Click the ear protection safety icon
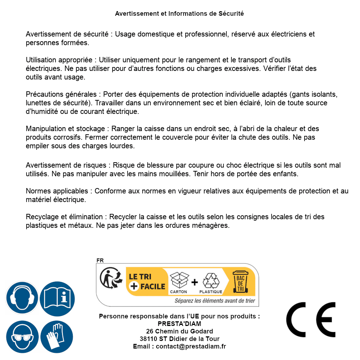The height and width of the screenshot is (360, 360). click(22, 298)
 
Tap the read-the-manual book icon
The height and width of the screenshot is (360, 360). click(57, 298)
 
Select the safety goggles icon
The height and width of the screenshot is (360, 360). click(22, 337)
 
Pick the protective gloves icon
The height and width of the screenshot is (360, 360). click(57, 337)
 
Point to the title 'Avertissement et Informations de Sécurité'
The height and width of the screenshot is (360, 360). click(179, 14)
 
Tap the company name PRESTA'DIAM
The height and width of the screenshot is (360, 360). click(179, 324)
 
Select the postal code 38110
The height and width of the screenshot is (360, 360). click(148, 339)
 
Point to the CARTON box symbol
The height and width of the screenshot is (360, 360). click(178, 280)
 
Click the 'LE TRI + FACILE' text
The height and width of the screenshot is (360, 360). click(147, 282)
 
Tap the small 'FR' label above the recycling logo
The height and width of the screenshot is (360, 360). click(100, 260)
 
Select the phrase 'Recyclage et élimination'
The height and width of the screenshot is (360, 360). click(64, 217)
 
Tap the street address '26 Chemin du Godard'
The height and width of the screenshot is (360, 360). click(179, 331)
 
